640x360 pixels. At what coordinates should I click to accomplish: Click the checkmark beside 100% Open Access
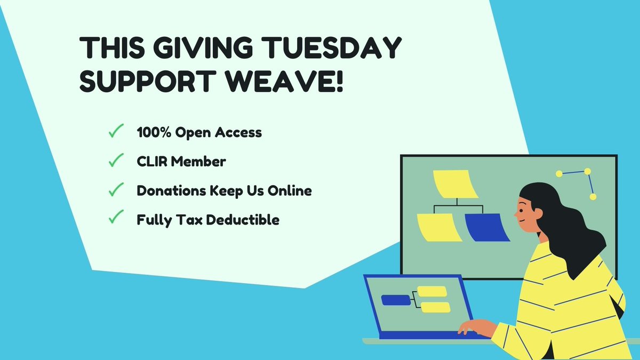116,132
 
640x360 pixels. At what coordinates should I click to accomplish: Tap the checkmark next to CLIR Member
116,161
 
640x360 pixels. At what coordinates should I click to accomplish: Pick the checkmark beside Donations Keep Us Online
116,190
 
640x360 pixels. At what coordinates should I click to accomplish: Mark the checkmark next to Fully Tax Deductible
116,219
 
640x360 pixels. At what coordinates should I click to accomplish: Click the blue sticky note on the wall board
487,227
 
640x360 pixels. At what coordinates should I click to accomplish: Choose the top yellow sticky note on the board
452,183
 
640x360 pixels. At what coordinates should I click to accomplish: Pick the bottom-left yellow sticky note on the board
439,227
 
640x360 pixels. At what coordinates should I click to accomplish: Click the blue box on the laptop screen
395,300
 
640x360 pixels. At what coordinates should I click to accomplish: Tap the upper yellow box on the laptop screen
431,291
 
